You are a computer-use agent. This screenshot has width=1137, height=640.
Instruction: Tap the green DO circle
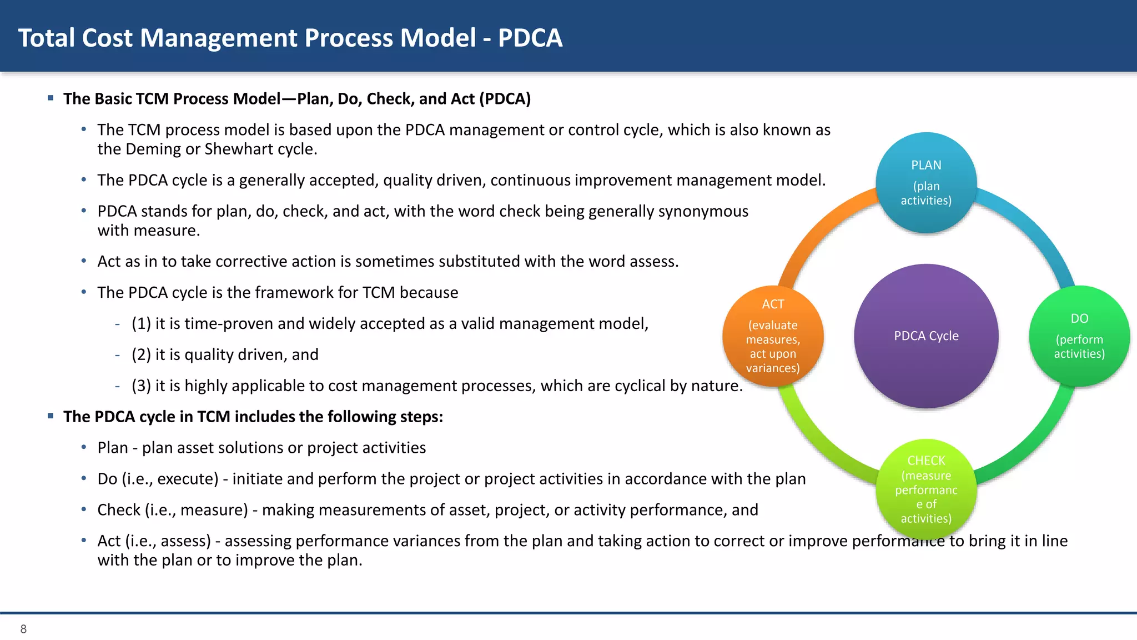click(1079, 336)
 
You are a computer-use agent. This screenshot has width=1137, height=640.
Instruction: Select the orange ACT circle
click(773, 336)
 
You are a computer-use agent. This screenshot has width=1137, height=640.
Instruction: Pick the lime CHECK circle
click(926, 489)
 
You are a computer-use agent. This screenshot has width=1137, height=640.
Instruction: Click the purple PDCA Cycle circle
click(926, 336)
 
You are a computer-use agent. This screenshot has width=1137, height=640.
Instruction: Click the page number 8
click(23, 629)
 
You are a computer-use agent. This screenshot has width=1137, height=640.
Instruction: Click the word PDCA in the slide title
click(530, 38)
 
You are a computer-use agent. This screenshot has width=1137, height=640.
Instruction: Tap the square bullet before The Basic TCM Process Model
click(51, 98)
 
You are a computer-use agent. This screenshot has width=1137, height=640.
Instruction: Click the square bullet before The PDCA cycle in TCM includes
click(51, 416)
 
